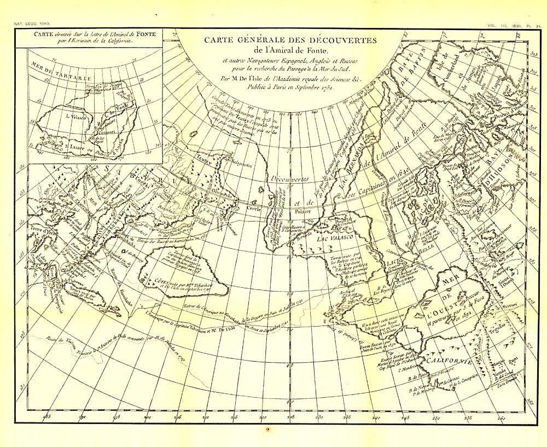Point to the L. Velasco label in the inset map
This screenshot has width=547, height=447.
(72, 116)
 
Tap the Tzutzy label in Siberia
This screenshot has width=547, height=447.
(202, 155)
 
